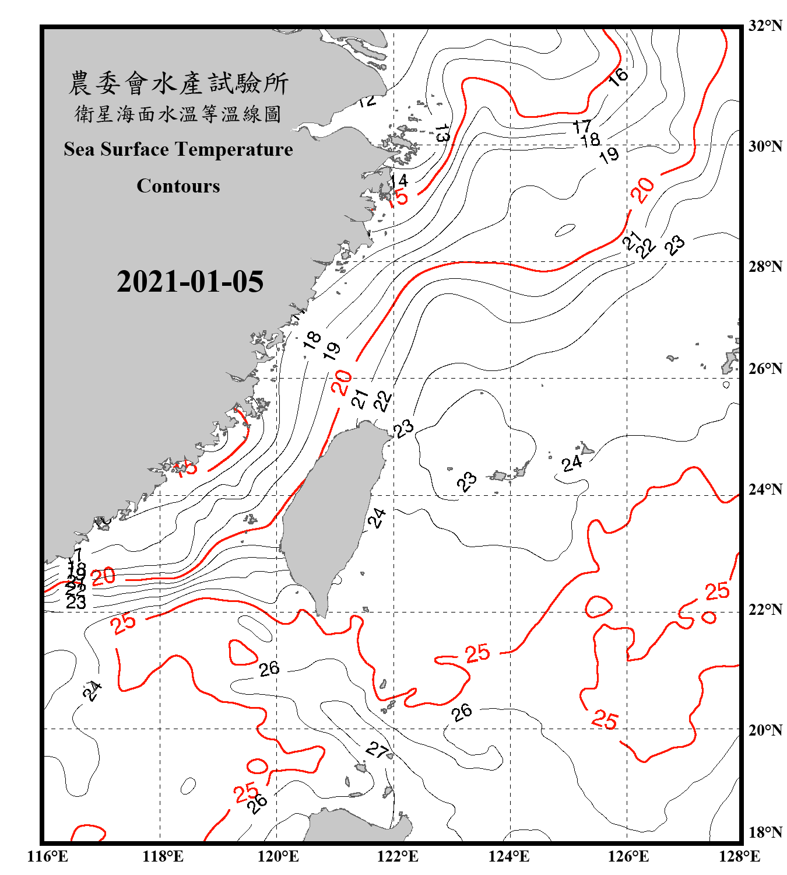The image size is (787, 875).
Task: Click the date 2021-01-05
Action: point(190,282)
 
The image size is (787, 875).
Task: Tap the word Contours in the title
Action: point(178,186)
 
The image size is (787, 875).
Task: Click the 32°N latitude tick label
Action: point(765,26)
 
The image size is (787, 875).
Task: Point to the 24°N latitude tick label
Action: point(765,489)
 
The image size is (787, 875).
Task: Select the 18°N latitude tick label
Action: point(765,832)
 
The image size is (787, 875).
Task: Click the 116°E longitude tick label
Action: point(48,856)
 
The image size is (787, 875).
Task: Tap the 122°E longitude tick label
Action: point(398,856)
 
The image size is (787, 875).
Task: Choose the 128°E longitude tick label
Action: point(739,856)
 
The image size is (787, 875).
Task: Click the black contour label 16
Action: point(618,76)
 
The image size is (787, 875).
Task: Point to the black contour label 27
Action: point(377,750)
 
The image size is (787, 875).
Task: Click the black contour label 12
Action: point(367,101)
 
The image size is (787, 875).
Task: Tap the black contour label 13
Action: point(442,134)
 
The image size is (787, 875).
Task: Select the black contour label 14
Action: point(399,180)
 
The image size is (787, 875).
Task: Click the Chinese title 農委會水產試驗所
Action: point(178,83)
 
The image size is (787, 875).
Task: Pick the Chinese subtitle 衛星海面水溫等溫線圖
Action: point(178,114)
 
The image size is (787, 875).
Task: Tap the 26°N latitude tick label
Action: point(765,369)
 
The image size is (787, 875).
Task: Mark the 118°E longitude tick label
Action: point(163,856)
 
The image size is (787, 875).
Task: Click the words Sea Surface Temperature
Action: point(178,150)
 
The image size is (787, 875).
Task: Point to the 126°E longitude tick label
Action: point(628,856)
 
